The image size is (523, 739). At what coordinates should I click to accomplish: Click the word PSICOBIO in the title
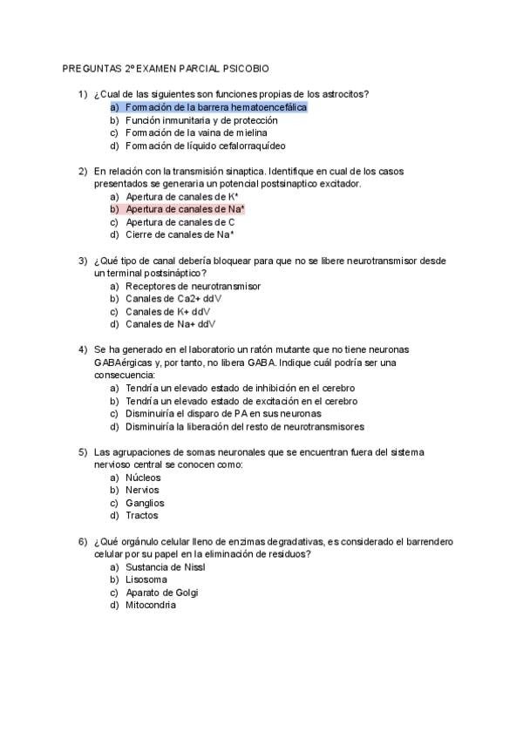coord(246,67)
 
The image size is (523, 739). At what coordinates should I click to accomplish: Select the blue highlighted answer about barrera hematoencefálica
coord(216,107)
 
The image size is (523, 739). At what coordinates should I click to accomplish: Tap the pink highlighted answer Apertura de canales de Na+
coord(185,209)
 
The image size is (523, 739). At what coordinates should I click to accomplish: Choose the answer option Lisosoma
coord(146,580)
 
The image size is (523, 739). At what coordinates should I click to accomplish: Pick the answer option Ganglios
coord(145,503)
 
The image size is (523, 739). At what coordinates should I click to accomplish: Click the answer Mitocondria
coord(151,605)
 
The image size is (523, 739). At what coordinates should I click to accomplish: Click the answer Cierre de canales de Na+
coord(180,234)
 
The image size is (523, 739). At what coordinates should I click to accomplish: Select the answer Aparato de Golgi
coord(162,593)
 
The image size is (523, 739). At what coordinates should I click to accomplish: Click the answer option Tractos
coord(142,516)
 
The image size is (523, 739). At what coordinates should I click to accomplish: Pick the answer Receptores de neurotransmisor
coord(193,286)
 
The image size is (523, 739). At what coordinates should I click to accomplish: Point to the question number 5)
coord(83,452)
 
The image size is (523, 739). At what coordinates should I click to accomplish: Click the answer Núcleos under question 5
coord(143,478)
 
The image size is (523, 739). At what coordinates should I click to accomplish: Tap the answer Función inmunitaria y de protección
coord(201,120)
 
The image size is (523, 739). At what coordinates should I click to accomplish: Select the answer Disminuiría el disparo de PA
coord(223,414)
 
